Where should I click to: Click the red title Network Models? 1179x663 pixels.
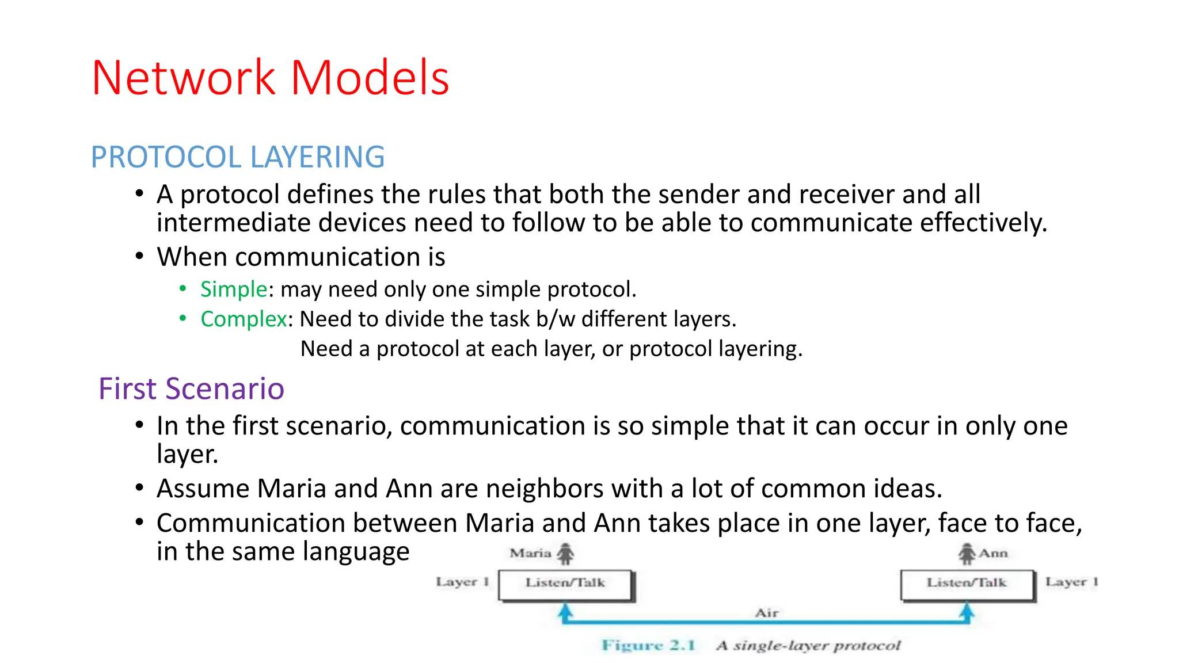pyautogui.click(x=270, y=78)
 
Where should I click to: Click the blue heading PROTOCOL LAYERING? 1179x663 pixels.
pyautogui.click(x=238, y=157)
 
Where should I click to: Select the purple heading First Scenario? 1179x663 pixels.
pyautogui.click(x=191, y=389)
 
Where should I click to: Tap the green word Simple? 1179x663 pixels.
pyautogui.click(x=233, y=289)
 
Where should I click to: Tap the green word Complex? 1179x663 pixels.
pyautogui.click(x=243, y=319)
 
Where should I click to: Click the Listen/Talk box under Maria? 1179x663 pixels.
pyautogui.click(x=565, y=584)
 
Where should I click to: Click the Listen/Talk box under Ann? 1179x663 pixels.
pyautogui.click(x=967, y=584)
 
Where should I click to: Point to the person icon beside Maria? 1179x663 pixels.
pyautogui.click(x=566, y=554)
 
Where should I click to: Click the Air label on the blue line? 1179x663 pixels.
pyautogui.click(x=766, y=614)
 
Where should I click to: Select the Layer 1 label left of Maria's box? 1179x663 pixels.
pyautogui.click(x=462, y=582)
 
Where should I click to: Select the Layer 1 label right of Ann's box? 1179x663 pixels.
pyautogui.click(x=1071, y=582)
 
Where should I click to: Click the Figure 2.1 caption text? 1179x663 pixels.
pyautogui.click(x=649, y=645)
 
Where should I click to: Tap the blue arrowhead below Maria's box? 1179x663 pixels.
pyautogui.click(x=566, y=609)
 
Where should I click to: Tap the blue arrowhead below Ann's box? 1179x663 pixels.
pyautogui.click(x=967, y=609)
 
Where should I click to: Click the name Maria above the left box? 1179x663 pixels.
pyautogui.click(x=530, y=554)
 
